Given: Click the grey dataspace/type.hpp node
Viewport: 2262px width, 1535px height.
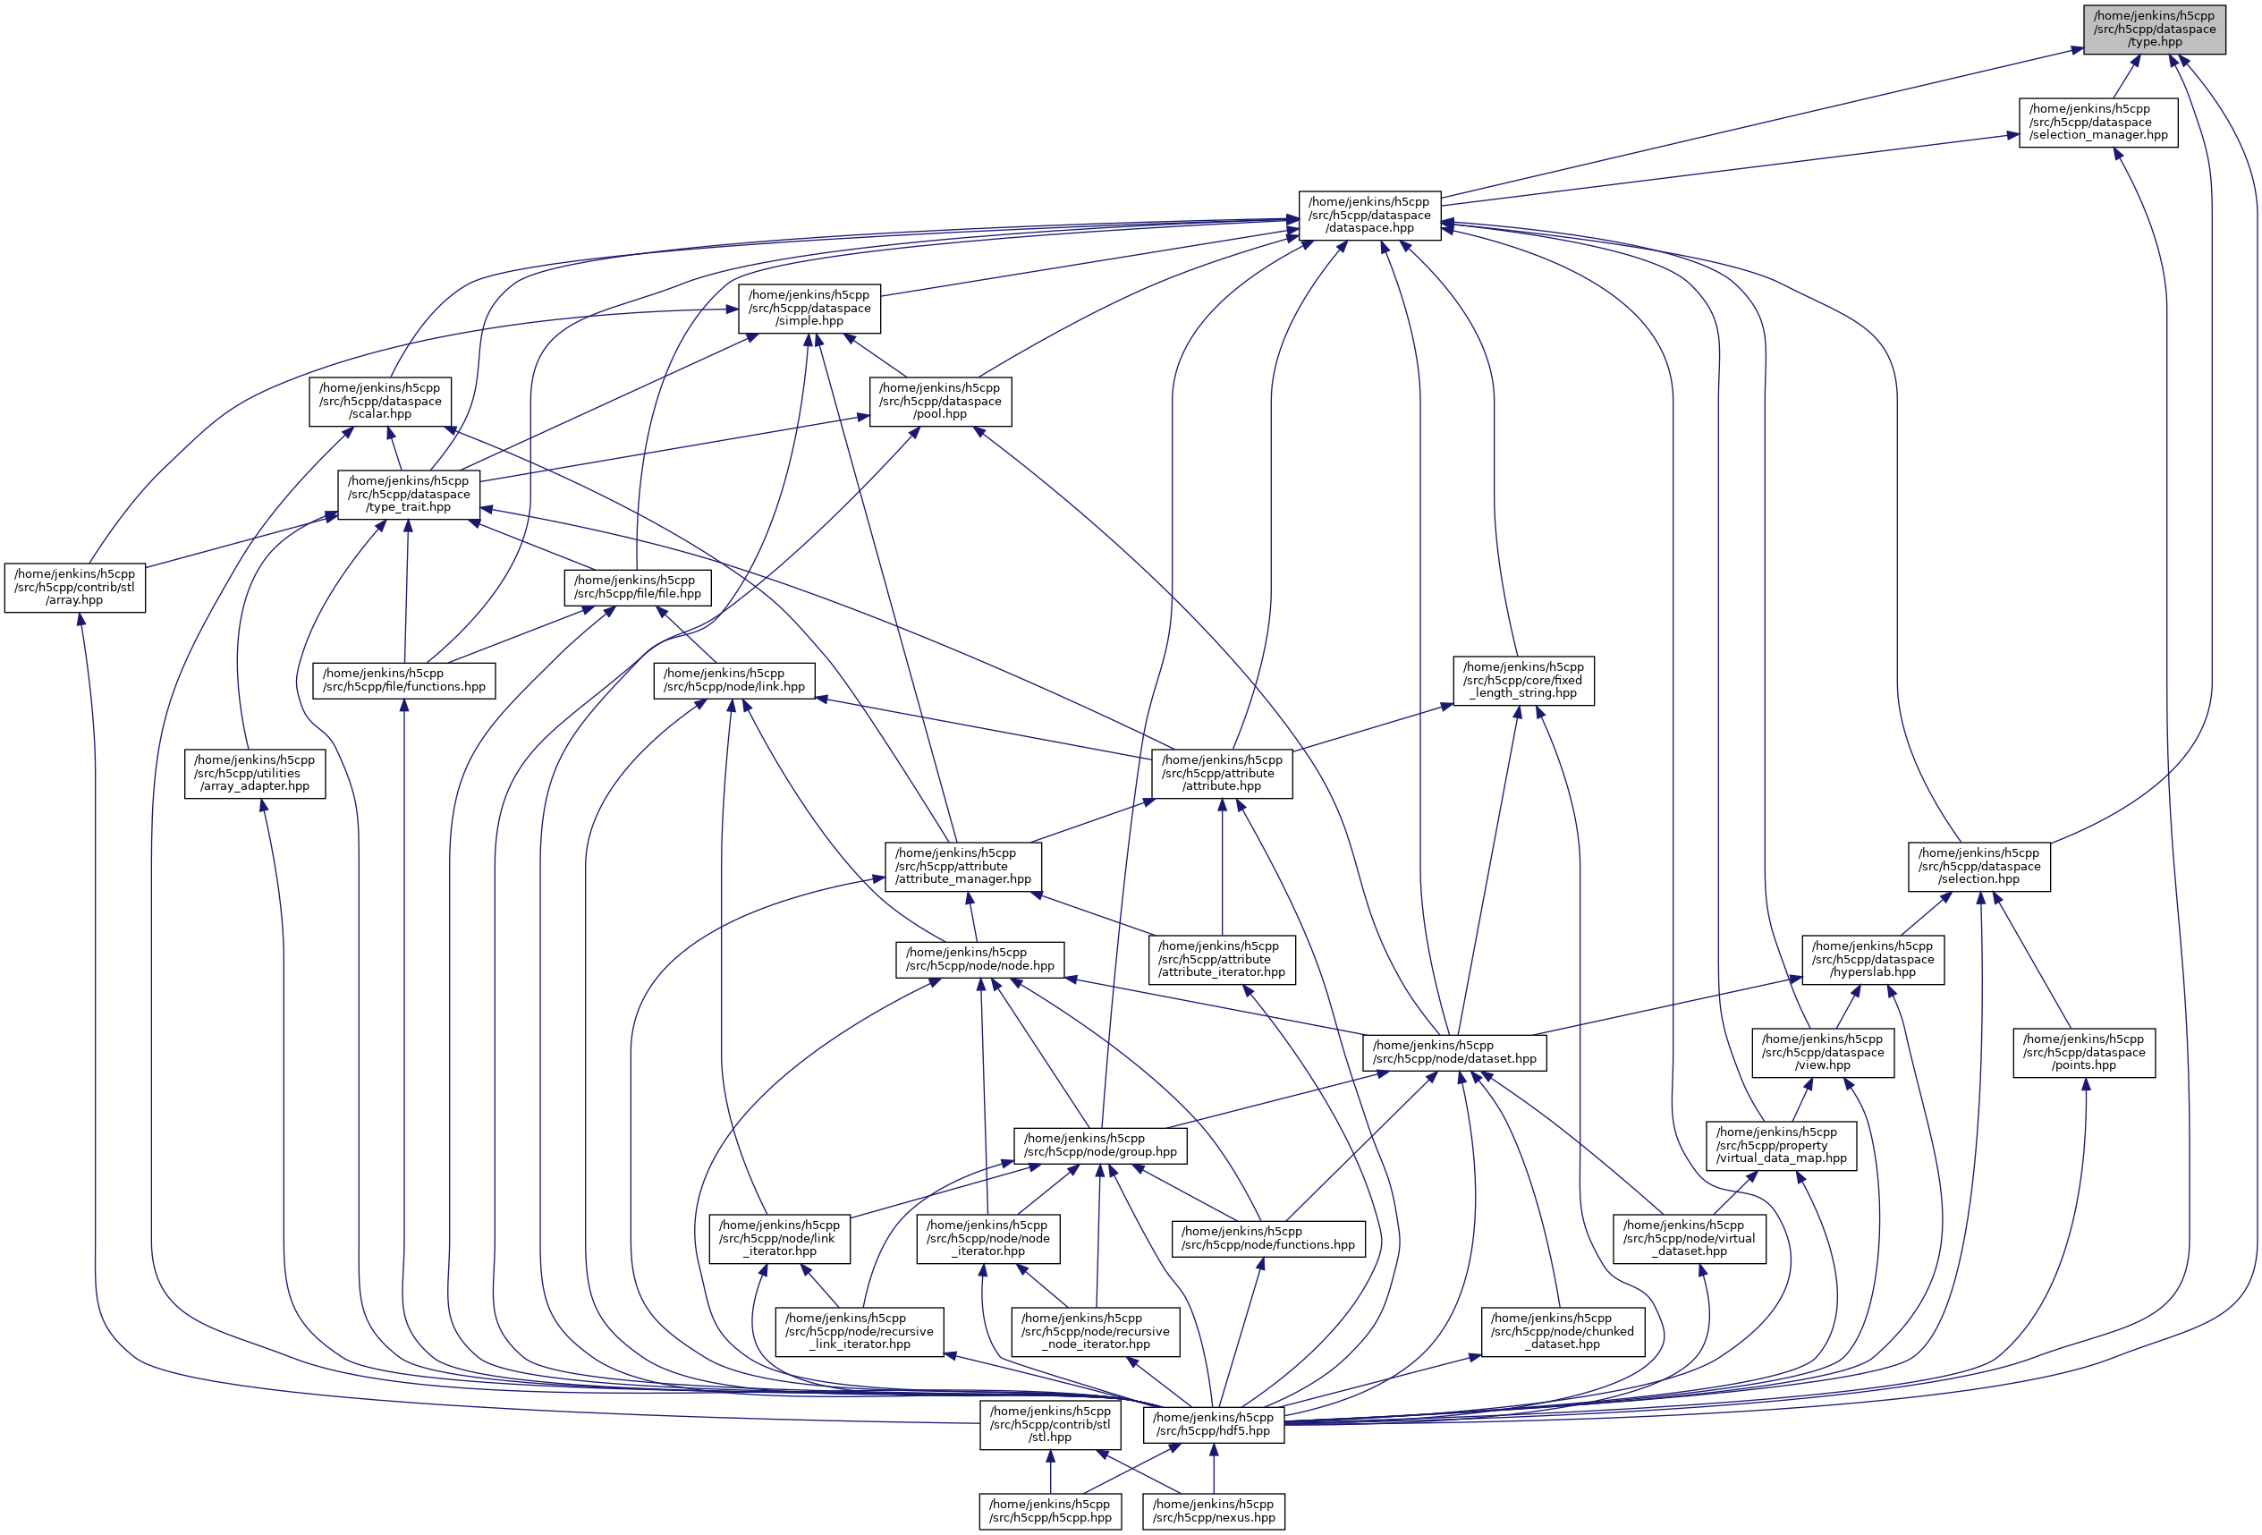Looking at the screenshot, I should [x=2154, y=30].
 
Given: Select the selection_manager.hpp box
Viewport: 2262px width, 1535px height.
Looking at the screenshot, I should [x=2098, y=123].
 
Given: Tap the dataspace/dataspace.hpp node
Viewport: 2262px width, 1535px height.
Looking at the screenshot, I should [x=1369, y=215].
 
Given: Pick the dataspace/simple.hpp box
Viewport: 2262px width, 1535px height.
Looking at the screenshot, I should [x=809, y=309].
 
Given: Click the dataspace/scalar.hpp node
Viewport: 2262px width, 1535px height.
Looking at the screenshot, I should [x=379, y=401].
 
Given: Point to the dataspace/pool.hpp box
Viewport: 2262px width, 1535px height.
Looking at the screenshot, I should [x=940, y=401].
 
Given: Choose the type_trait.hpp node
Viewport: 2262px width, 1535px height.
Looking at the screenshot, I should [x=409, y=495].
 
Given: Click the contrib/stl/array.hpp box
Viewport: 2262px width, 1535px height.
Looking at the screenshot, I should [x=75, y=587].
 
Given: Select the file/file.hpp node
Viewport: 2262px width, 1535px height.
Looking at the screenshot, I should [x=638, y=587].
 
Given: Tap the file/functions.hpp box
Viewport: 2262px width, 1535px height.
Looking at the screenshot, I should [x=404, y=681].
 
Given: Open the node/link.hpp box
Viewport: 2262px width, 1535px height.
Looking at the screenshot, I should [x=735, y=681].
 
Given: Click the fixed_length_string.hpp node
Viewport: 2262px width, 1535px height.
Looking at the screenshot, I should [x=1523, y=681].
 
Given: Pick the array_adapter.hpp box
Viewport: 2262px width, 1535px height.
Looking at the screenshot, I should [x=255, y=774].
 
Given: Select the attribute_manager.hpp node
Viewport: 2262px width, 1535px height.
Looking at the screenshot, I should [x=962, y=866].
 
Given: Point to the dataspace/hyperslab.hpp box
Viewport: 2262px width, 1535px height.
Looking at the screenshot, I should [x=1873, y=960].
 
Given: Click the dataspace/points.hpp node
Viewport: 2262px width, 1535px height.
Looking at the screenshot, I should [x=2084, y=1052].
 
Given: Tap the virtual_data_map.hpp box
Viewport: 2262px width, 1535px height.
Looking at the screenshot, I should [x=1781, y=1146].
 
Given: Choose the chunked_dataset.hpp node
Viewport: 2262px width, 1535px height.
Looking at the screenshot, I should [x=1563, y=1332].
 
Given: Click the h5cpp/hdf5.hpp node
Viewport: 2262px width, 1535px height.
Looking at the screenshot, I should [x=1213, y=1425].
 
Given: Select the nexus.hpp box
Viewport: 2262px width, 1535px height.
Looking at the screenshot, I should [x=1213, y=1512].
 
